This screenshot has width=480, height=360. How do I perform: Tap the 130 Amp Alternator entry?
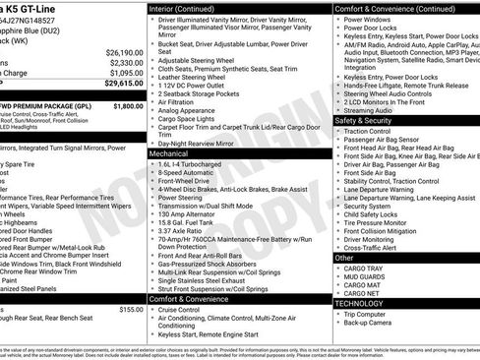[190, 210]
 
